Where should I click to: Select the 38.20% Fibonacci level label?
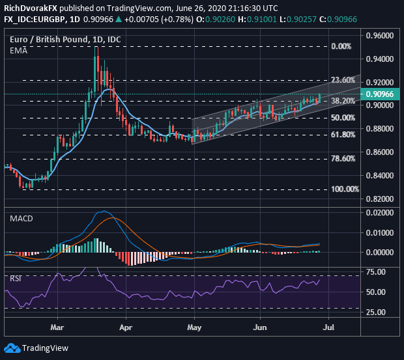click(343, 101)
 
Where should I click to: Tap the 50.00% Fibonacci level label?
click(343, 118)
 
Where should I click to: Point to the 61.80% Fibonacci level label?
click(343, 135)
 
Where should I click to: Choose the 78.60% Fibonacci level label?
click(343, 159)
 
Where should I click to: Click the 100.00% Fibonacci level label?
click(345, 189)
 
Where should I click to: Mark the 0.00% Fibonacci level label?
click(341, 47)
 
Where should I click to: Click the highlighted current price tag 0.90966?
click(381, 94)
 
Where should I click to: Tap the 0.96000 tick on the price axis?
click(381, 35)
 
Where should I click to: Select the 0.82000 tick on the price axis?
click(381, 199)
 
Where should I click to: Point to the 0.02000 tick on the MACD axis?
click(381, 214)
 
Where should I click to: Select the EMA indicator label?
click(17, 49)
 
